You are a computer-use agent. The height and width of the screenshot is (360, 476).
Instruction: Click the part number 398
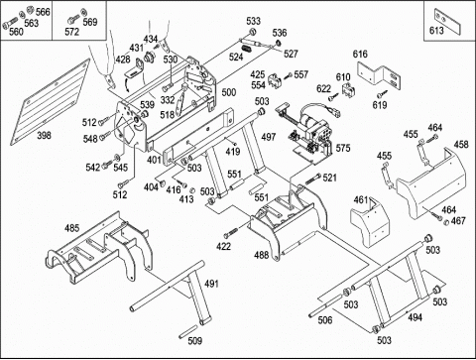point(44,135)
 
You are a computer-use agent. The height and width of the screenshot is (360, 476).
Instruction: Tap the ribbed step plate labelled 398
point(50,102)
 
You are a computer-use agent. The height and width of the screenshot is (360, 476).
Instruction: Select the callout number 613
point(436,31)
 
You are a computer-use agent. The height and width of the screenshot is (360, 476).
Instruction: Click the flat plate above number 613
point(447,21)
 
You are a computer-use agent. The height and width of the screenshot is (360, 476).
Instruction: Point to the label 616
point(360,54)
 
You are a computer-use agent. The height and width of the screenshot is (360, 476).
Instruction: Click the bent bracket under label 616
point(380,76)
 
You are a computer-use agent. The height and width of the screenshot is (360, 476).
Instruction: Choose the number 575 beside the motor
point(343,148)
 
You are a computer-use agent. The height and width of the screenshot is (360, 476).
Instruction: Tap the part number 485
point(71,228)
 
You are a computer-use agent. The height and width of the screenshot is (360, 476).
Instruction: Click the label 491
point(211,284)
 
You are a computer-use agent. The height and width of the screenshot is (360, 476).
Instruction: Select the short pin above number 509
point(187,331)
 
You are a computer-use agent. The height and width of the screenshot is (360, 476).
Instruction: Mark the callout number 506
point(325,320)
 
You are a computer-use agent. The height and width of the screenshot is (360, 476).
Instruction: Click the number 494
point(415,317)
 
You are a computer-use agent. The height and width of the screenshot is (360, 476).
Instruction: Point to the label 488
point(261,255)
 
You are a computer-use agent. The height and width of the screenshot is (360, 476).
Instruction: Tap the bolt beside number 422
point(231,232)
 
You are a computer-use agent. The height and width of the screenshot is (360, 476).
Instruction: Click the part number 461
point(361,200)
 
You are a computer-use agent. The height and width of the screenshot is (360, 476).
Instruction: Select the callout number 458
point(461,145)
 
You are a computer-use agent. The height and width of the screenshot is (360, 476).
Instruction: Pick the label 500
point(229,92)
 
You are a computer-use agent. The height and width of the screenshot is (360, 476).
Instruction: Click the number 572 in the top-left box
point(72,32)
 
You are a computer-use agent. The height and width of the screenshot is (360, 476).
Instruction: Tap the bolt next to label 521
point(312,180)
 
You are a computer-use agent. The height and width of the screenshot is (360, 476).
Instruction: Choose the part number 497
point(268,137)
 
